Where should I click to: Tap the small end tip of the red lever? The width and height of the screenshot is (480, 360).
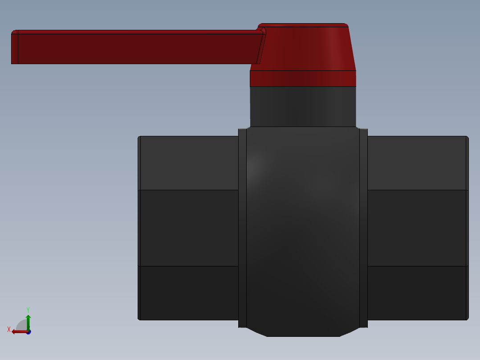pyautogui.click(x=14, y=47)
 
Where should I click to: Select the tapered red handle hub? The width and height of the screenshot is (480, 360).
pyautogui.click(x=307, y=47)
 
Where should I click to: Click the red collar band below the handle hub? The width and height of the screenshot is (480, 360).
pyautogui.click(x=303, y=78)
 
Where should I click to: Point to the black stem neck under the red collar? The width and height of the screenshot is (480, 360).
pyautogui.click(x=303, y=106)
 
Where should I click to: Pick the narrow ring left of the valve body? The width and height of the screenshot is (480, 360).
pyautogui.click(x=242, y=227)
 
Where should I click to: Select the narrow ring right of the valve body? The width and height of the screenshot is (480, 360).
pyautogui.click(x=363, y=227)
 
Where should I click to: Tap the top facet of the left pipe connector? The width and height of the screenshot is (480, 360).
pyautogui.click(x=189, y=163)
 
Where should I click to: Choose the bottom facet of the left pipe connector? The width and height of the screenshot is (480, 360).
pyautogui.click(x=189, y=293)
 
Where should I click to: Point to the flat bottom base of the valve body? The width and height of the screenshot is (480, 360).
pyautogui.click(x=303, y=333)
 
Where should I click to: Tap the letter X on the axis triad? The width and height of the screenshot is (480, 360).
pyautogui.click(x=9, y=329)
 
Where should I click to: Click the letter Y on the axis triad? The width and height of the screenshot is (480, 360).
pyautogui.click(x=28, y=310)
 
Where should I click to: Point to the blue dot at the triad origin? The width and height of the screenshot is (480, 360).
pyautogui.click(x=28, y=332)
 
